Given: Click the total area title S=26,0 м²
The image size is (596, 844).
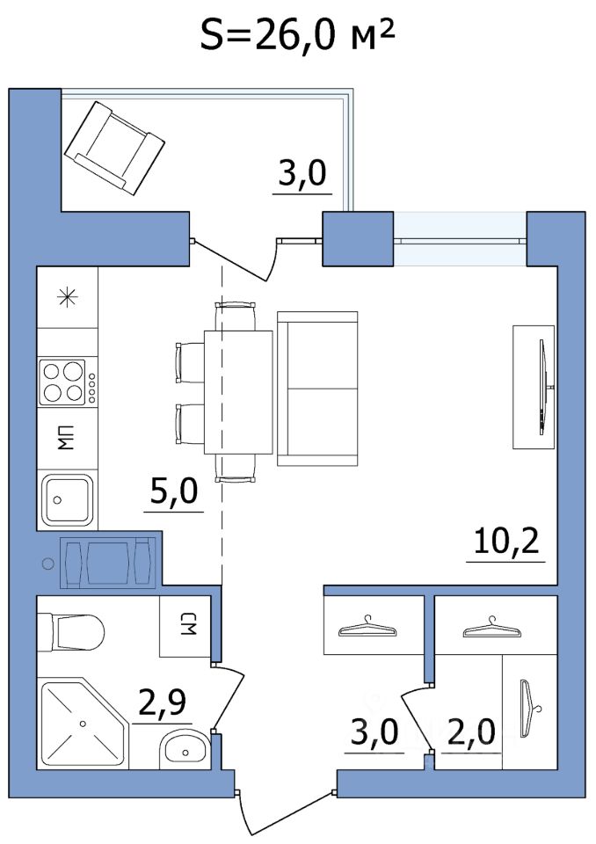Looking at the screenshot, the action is point(298,34).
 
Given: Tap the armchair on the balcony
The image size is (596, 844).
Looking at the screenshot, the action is point(114,148).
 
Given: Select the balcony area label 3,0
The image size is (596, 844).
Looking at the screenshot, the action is point(302,173).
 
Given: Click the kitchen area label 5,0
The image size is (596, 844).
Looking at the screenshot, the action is point(173,491).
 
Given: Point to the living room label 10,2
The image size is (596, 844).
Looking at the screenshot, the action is point(506,542).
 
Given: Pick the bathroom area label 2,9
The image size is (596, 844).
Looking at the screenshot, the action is point(162,703).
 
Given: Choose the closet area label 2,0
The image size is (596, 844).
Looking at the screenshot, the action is point(470,732).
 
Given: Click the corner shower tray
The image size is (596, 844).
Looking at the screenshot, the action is point(84,724).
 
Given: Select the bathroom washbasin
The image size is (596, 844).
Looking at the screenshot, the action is point(185,748).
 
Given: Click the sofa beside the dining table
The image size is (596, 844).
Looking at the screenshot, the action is point(317,388).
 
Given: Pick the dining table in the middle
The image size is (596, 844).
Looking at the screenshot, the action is point(238,392).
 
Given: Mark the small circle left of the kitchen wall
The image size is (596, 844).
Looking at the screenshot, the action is point(48,564).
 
